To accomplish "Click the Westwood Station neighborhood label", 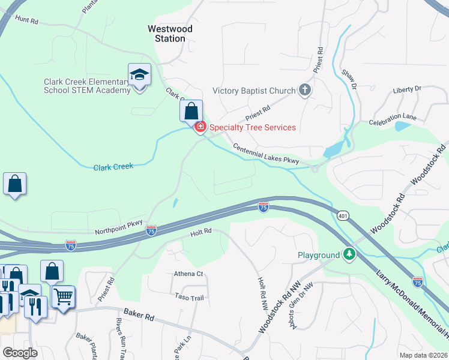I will click(170, 34).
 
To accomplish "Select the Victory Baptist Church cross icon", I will click(305, 91).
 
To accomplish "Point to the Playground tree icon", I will click(349, 255).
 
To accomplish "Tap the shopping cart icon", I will click(62, 296).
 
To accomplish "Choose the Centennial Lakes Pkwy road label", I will click(265, 155).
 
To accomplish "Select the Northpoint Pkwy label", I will click(119, 227).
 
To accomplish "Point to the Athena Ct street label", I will click(189, 274).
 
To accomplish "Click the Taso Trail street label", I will click(190, 296).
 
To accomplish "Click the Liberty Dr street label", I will click(406, 89).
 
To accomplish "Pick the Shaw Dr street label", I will click(349, 80).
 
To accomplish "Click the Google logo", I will click(20, 353).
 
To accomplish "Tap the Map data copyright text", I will click(423, 355).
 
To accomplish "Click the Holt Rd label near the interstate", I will click(201, 231).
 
